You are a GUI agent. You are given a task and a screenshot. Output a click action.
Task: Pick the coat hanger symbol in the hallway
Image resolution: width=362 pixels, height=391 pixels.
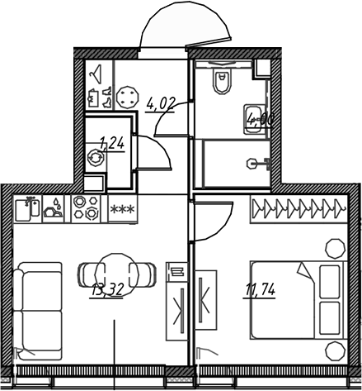(x=96, y=74)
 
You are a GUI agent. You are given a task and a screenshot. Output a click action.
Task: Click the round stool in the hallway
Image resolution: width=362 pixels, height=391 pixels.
(x=129, y=97)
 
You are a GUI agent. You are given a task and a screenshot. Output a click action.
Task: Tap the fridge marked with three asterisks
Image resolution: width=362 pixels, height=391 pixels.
(x=122, y=209)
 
